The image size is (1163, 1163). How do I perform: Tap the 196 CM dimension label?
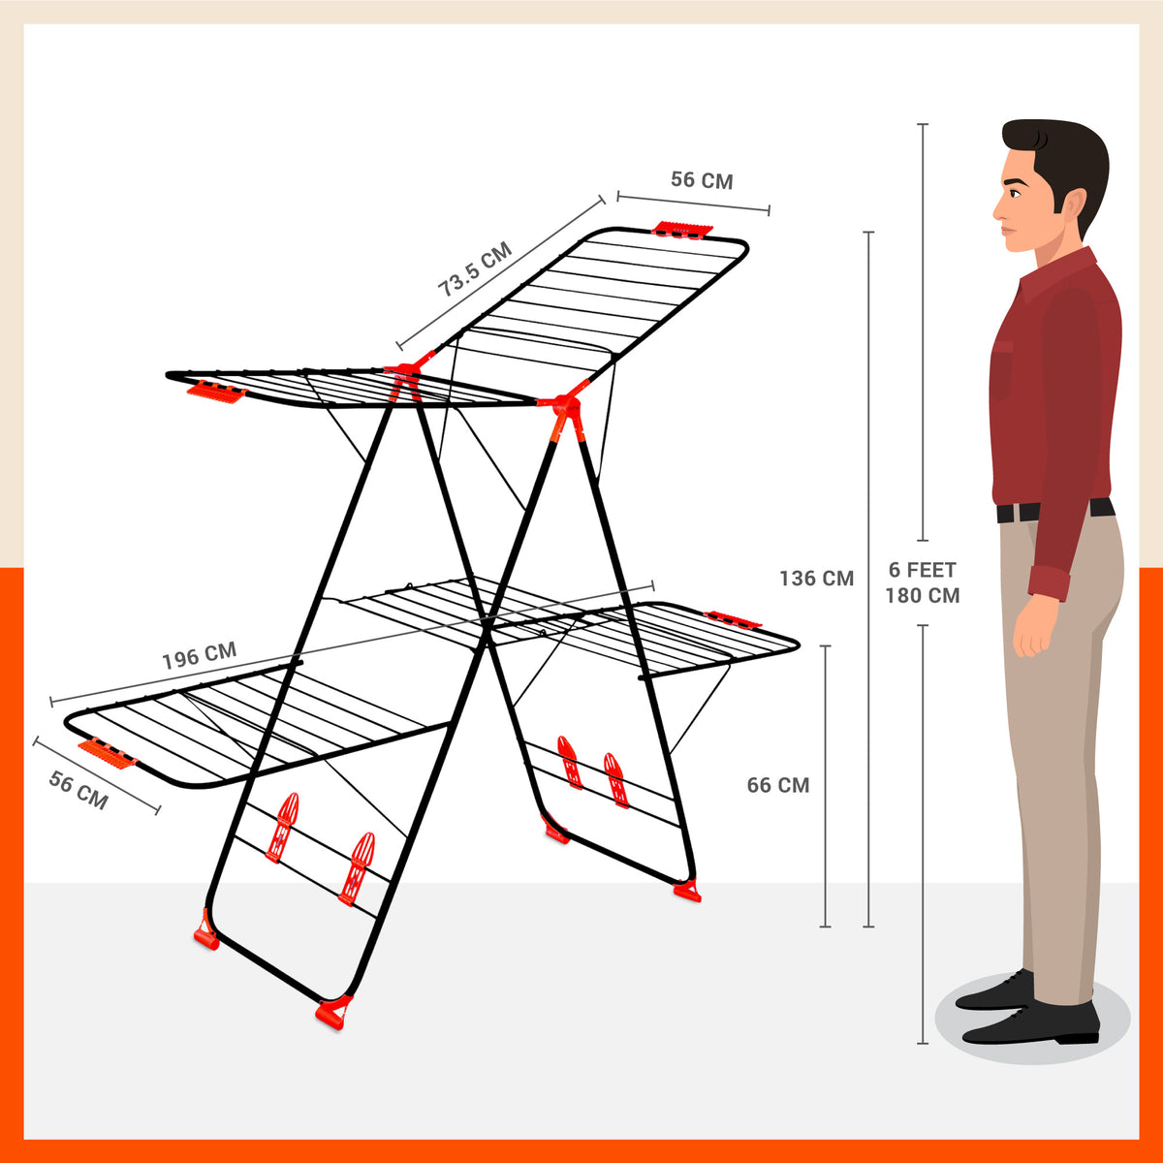click(199, 656)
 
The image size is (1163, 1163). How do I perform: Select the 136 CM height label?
click(816, 579)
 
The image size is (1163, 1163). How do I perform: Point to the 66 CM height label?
click(777, 785)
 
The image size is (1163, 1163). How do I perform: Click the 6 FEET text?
click(922, 570)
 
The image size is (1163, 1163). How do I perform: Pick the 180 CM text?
click(922, 596)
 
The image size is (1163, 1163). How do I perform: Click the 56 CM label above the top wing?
click(702, 180)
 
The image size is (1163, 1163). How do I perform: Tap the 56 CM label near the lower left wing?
click(79, 790)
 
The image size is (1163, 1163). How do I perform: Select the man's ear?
click(1072, 204)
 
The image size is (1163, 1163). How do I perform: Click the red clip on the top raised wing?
click(682, 230)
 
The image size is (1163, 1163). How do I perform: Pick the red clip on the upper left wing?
click(216, 392)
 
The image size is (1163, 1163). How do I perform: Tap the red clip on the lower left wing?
click(108, 752)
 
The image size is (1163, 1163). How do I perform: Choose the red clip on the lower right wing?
click(734, 618)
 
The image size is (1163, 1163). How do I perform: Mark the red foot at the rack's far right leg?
click(688, 890)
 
